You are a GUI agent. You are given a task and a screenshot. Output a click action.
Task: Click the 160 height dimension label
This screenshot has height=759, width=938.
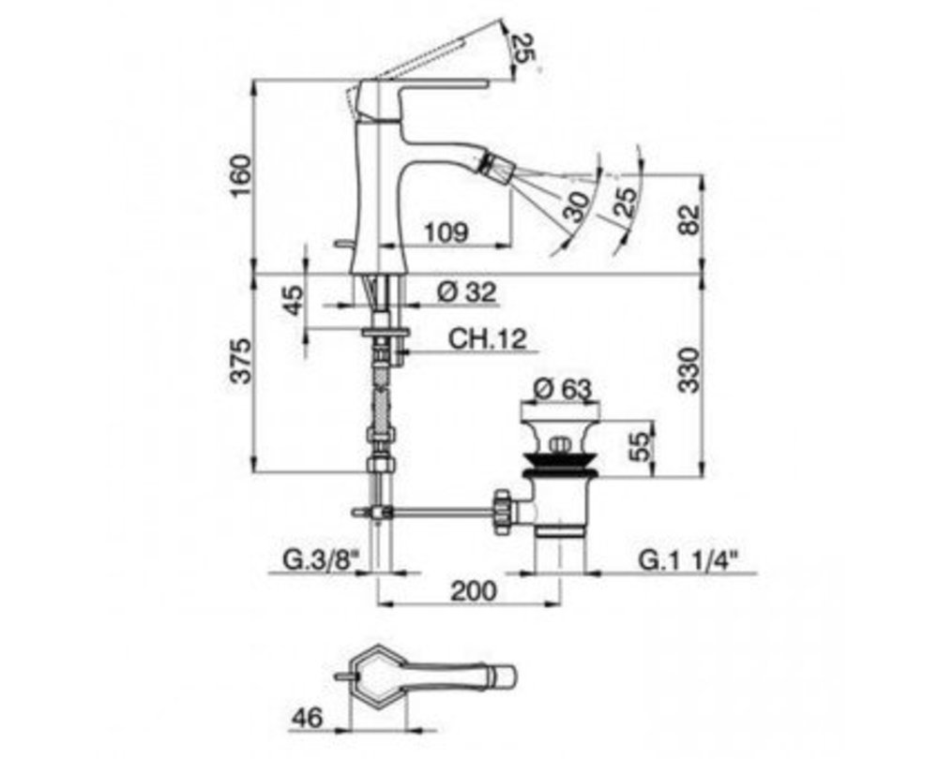[241, 176]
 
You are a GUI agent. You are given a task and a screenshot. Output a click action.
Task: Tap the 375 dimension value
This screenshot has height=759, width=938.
[241, 361]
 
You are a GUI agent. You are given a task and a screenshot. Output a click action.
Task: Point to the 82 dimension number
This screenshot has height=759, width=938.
[688, 219]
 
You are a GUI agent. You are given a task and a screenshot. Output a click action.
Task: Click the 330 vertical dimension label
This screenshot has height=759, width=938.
[688, 370]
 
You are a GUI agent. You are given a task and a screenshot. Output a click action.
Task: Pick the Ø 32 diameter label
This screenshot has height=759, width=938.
[466, 292]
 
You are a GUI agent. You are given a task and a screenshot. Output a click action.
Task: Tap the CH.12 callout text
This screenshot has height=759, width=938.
[488, 339]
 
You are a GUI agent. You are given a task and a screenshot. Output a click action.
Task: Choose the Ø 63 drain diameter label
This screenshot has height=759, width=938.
[562, 390]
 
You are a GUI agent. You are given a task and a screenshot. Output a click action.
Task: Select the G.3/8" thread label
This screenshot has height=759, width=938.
[320, 560]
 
